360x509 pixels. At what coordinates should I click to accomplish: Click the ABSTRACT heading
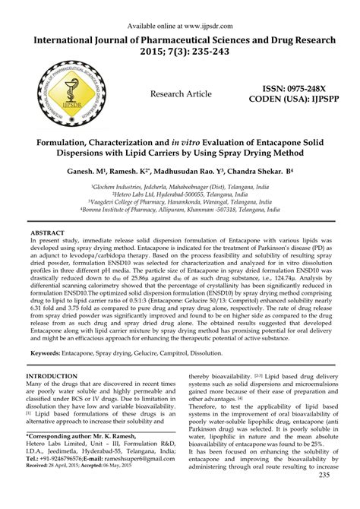(x=52, y=231)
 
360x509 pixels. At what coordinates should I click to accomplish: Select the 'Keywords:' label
(x=51, y=353)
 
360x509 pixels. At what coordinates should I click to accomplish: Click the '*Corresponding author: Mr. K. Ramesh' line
(x=85, y=457)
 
